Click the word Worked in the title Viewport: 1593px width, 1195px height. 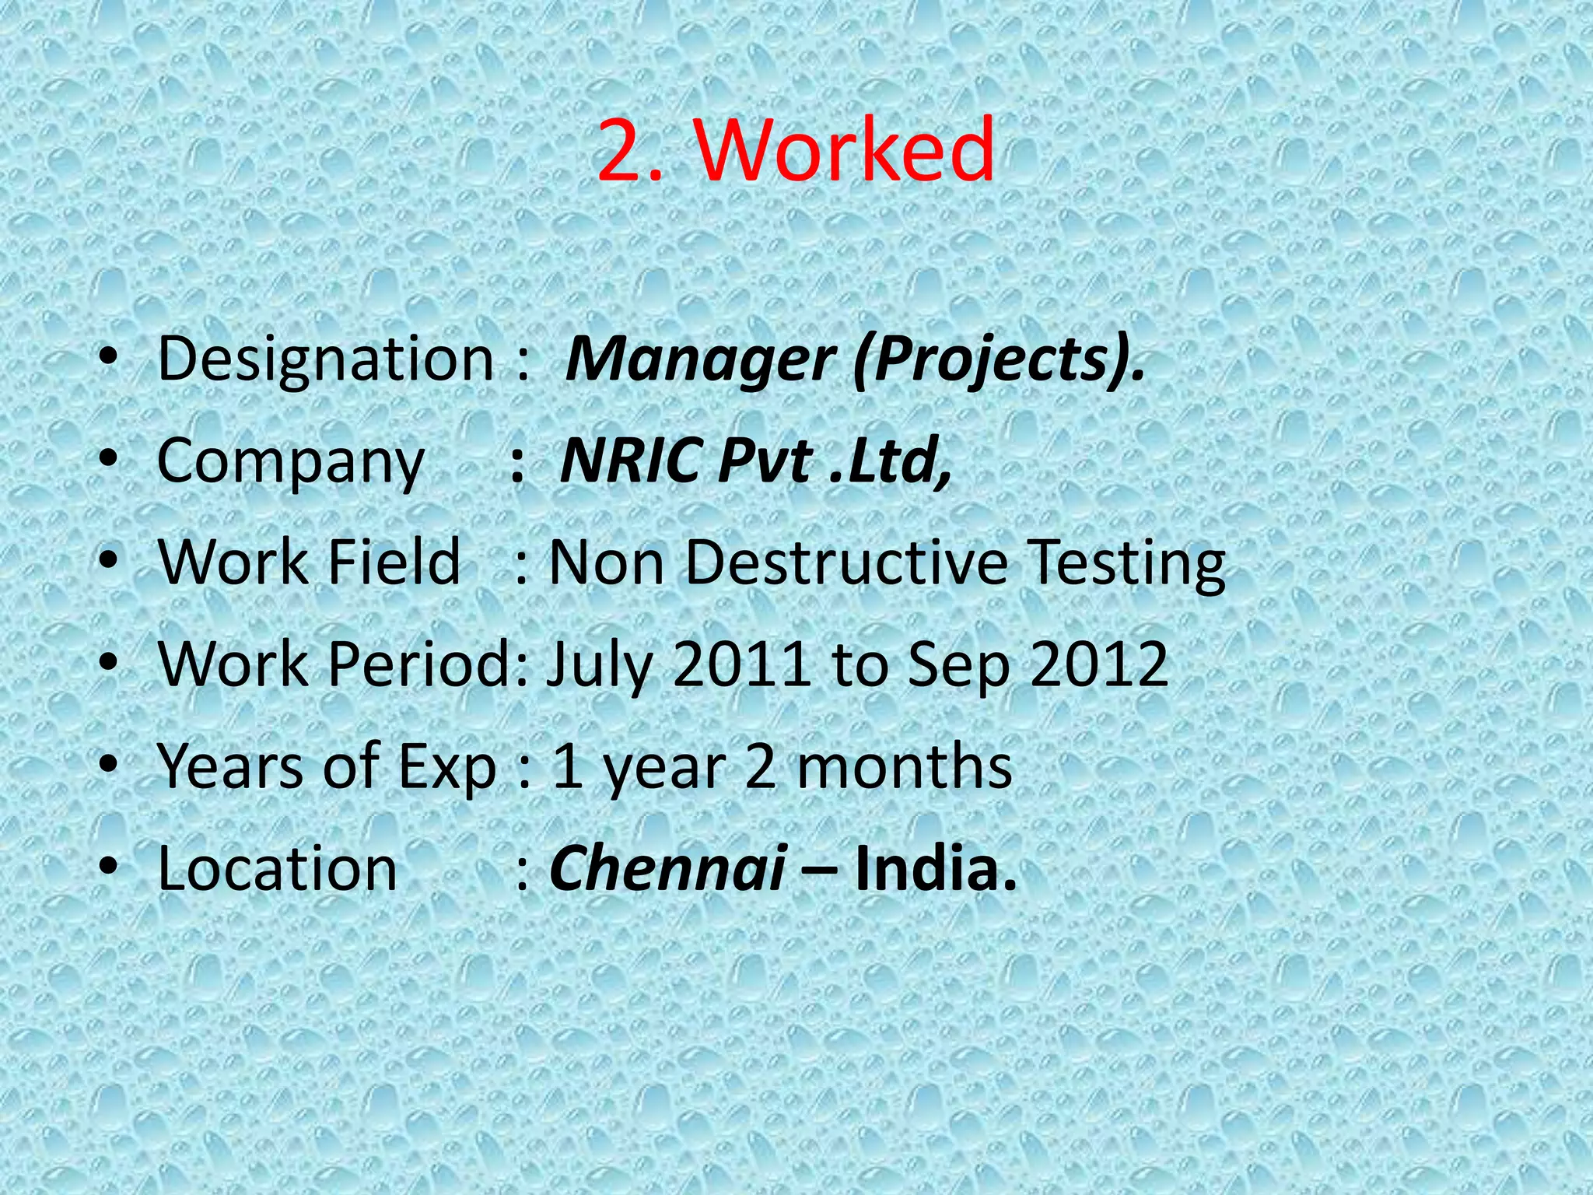point(846,149)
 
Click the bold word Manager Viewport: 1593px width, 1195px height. point(700,359)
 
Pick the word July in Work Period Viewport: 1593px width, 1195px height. point(599,666)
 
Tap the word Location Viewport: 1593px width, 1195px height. point(277,868)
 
